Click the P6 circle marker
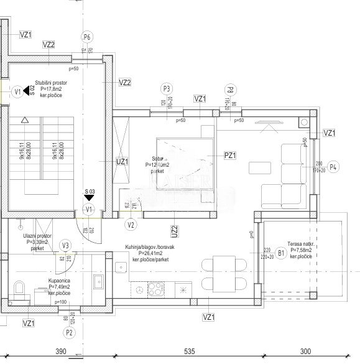(x=87, y=37)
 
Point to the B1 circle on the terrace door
(x=280, y=253)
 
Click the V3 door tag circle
(x=65, y=245)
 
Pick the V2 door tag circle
(x=131, y=225)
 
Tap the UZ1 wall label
(x=122, y=161)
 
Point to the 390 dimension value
(x=60, y=352)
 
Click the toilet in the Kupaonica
(x=19, y=290)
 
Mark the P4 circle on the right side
(x=333, y=166)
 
